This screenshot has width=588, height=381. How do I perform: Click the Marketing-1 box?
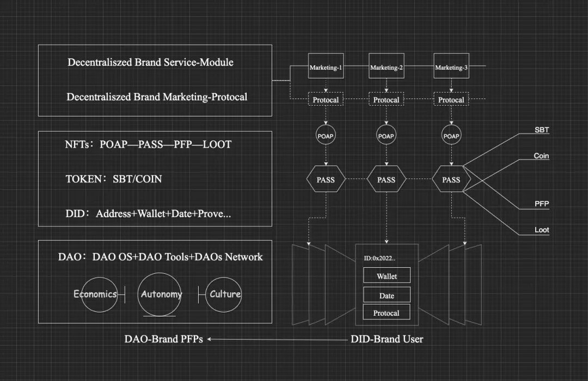click(x=326, y=67)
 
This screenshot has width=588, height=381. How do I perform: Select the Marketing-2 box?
click(x=387, y=67)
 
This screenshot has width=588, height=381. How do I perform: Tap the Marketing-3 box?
click(x=451, y=67)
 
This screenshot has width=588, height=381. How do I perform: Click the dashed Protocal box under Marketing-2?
click(x=387, y=100)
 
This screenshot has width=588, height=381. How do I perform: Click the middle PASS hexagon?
click(x=387, y=180)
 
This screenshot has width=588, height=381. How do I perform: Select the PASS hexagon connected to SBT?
click(x=451, y=180)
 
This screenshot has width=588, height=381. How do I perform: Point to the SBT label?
click(x=542, y=130)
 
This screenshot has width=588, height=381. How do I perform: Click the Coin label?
click(x=541, y=156)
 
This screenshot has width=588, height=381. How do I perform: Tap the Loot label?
click(x=541, y=230)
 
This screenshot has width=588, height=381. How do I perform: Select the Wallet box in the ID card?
click(x=387, y=276)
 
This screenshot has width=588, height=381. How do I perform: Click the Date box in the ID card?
click(x=387, y=296)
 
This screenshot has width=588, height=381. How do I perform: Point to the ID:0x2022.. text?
click(x=381, y=258)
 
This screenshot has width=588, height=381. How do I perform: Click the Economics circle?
click(x=96, y=294)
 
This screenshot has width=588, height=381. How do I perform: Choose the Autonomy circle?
click(x=160, y=294)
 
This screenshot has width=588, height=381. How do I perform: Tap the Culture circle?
click(x=225, y=294)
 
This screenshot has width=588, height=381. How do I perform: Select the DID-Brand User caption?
click(x=387, y=339)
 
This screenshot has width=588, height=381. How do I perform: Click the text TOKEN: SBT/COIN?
click(x=113, y=179)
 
